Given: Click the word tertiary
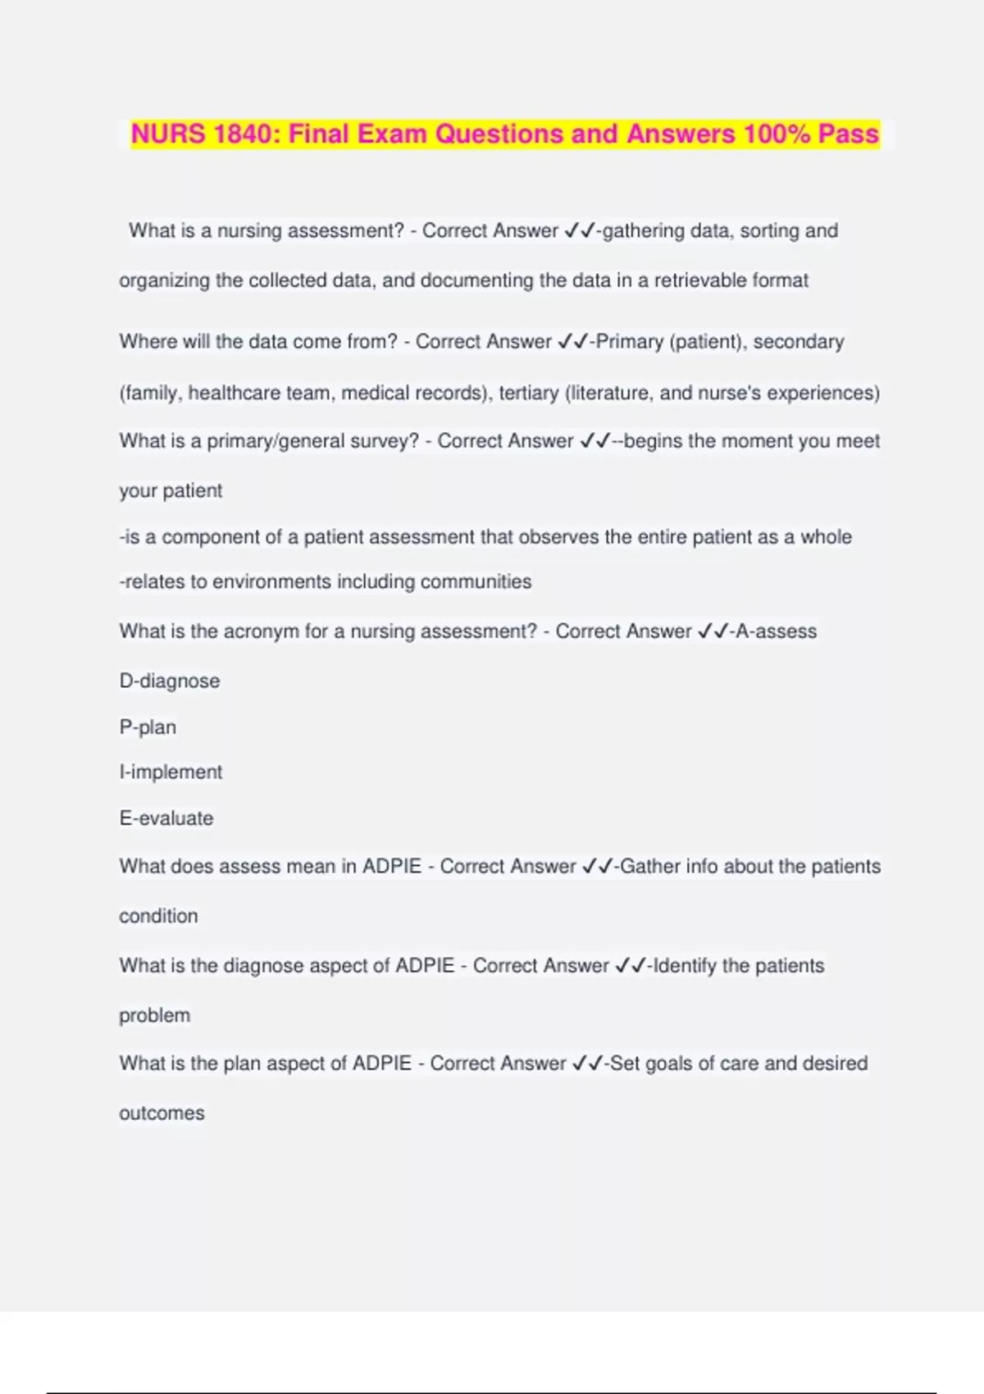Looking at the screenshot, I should [x=529, y=393].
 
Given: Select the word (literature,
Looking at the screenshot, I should [x=609, y=393].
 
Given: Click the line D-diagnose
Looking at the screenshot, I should [x=170, y=681].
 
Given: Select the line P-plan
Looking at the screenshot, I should [x=148, y=727].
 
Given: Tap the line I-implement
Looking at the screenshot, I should [x=171, y=772].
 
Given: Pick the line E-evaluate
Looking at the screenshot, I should [x=166, y=818].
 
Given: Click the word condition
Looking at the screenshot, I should [x=158, y=916].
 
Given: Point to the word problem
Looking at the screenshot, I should [x=154, y=1015].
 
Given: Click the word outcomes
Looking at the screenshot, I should [x=162, y=1113].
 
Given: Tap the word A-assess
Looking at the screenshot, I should [x=776, y=631].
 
